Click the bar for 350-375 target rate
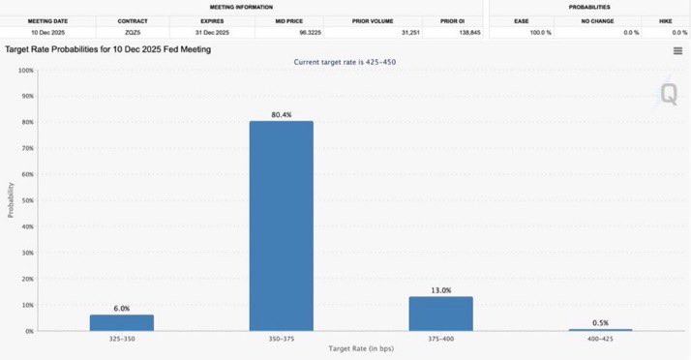click(x=281, y=225)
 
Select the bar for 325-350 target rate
click(x=122, y=322)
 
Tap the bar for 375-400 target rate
click(x=440, y=314)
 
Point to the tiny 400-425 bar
click(x=600, y=329)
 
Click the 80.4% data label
click(x=282, y=114)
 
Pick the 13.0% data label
click(x=440, y=289)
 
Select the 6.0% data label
click(x=122, y=308)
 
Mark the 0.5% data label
click(x=601, y=322)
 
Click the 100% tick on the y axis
click(x=26, y=72)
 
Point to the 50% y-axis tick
click(x=28, y=201)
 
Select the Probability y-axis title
click(x=11, y=200)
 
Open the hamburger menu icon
click(x=677, y=50)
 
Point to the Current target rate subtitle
click(x=345, y=62)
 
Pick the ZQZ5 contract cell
click(x=133, y=32)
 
